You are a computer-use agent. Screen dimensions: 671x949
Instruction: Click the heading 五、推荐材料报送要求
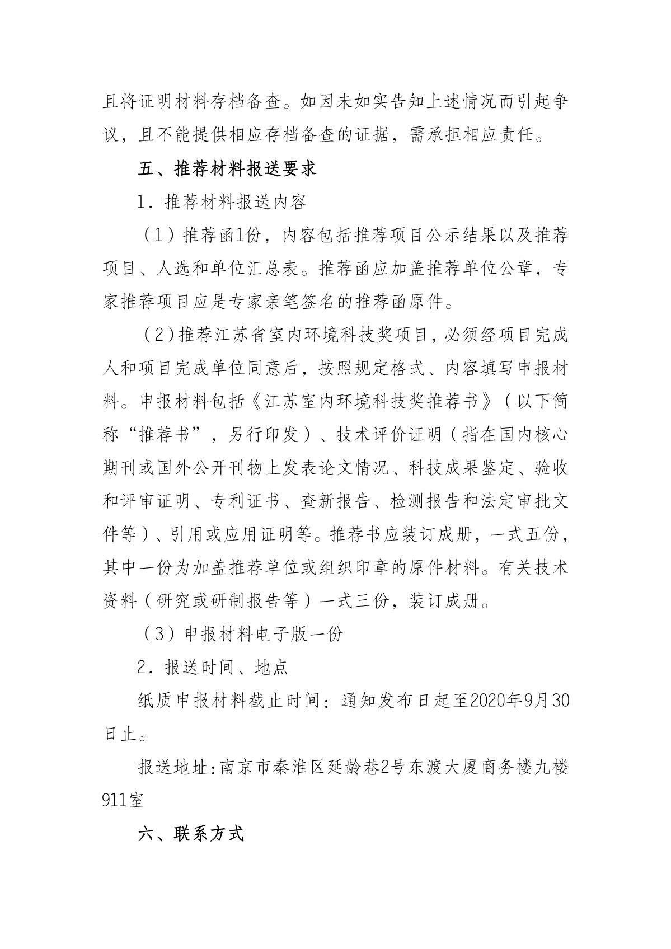coord(227,168)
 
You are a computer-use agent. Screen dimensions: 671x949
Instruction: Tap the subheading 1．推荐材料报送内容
coord(222,201)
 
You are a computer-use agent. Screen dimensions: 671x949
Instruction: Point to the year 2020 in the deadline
coord(491,700)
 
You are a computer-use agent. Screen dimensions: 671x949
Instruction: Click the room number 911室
coord(123,800)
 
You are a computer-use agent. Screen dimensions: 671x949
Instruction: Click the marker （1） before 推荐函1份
coord(157,235)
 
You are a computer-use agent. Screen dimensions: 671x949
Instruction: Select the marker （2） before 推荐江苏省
coord(157,335)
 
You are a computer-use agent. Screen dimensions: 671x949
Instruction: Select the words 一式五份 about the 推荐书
coord(524,534)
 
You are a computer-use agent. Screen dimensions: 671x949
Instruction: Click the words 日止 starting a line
coord(121,734)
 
